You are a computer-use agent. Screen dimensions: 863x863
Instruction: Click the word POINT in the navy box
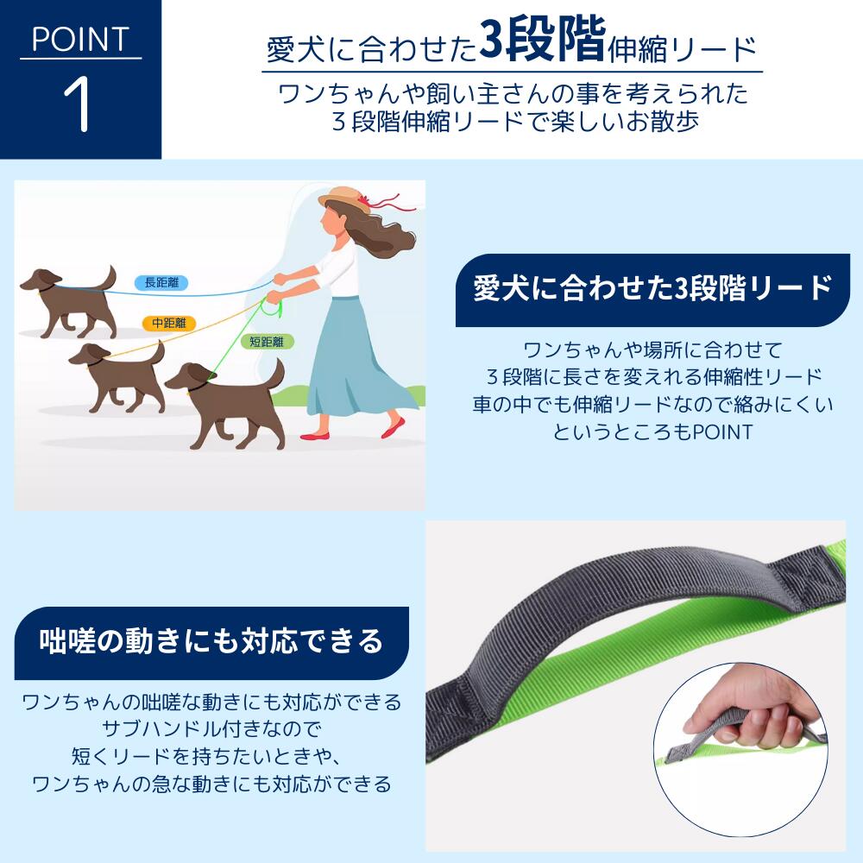pos(80,40)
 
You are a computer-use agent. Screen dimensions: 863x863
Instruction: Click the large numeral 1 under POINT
pos(78,104)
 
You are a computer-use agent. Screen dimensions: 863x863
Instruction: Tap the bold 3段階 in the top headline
pos(542,40)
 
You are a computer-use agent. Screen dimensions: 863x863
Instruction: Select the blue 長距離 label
pos(162,283)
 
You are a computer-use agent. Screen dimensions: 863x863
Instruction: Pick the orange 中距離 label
pos(169,323)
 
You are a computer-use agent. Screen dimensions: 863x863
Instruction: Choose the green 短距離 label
pos(267,342)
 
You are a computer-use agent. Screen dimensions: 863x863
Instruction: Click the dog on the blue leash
pos(69,303)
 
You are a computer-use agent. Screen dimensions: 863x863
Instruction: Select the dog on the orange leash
pos(118,377)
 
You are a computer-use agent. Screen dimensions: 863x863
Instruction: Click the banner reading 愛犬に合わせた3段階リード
pos(652,289)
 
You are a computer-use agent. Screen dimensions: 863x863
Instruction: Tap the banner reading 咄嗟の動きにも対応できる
pos(211,642)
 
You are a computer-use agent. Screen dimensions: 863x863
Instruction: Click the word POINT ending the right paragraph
pos(722,432)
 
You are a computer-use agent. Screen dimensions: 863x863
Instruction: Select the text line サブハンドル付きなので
pos(211,729)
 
